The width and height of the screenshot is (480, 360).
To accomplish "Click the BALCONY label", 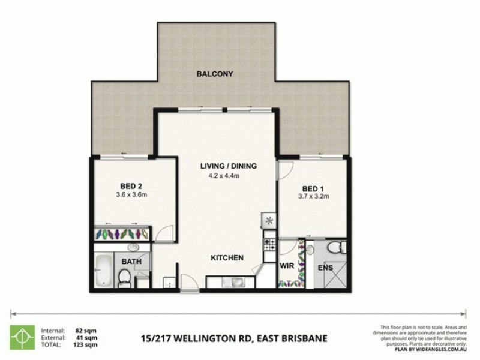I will click(x=214, y=74).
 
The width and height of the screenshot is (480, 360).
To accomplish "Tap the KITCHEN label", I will click(x=226, y=258).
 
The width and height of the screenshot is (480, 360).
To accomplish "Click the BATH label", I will click(x=131, y=262).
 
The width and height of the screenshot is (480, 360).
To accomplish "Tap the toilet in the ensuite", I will click(x=338, y=246).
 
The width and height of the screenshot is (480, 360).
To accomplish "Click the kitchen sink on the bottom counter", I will click(x=232, y=281).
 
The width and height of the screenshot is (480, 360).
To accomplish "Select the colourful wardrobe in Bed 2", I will click(x=123, y=233).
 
